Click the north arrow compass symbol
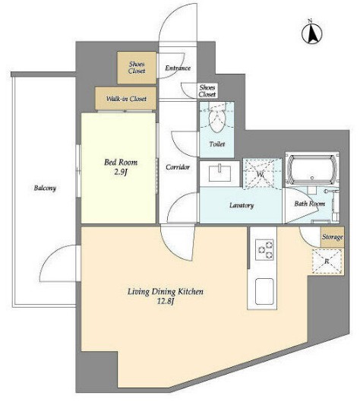click(312, 33)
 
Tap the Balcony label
click(45, 188)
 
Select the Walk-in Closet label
click(126, 99)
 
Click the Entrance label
click(178, 68)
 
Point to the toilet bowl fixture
click(216, 118)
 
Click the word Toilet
click(217, 144)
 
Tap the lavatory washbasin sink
click(219, 173)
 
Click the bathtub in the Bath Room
click(312, 169)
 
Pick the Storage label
click(333, 237)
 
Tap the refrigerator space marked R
click(327, 261)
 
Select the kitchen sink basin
click(264, 292)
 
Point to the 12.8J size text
click(166, 301)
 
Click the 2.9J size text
click(121, 172)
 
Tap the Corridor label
click(178, 167)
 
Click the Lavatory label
click(242, 205)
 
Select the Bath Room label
click(310, 204)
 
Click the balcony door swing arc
click(50, 254)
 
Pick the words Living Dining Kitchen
click(166, 292)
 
